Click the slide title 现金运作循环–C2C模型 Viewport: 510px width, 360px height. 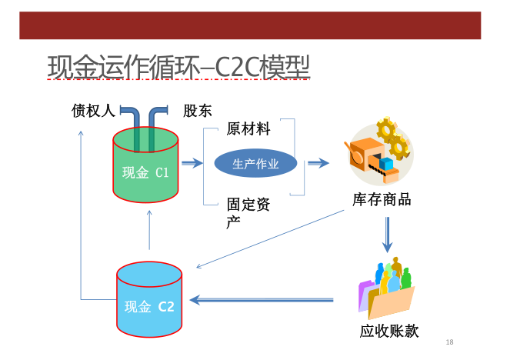pos(178,67)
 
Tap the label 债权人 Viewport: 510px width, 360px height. pos(93,111)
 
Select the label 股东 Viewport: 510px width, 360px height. pos(198,111)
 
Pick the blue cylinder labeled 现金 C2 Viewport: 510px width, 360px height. pos(149,299)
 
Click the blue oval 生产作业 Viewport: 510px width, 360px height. pos(255,163)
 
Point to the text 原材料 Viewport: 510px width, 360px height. pos(248,128)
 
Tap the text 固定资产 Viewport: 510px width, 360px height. pos(248,213)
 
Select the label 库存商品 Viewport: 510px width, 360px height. pos(382,199)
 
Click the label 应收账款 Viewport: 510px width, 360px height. pos(389,331)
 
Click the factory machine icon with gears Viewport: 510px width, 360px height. pos(379,150)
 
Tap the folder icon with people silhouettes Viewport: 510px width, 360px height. pos(386,288)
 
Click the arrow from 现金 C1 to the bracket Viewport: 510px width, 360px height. pos(192,163)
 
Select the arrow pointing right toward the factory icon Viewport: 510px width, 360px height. pos(318,163)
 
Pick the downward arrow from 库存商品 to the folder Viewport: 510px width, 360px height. pos(387,235)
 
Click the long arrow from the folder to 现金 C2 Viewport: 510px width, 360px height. pos(262,300)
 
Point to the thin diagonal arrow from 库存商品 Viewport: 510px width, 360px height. pos(270,239)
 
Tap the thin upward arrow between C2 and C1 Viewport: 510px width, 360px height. pos(149,230)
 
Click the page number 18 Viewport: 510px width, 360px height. pos(449,342)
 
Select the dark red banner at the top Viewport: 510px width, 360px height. pos(250,25)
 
